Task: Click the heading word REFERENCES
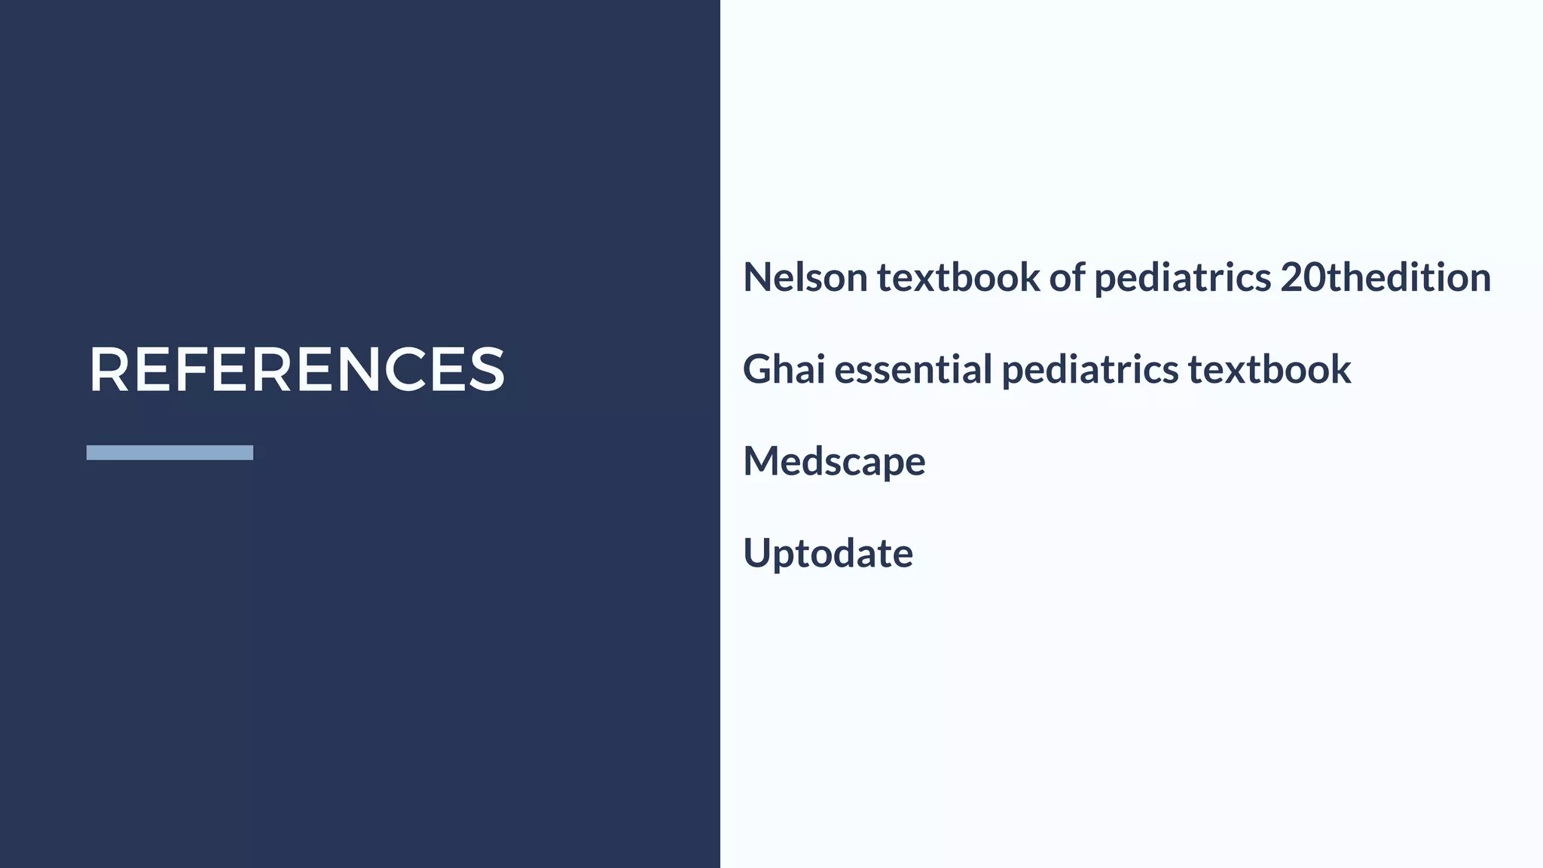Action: click(296, 369)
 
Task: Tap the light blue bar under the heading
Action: click(170, 452)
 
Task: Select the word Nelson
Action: click(805, 277)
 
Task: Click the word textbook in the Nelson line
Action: click(958, 277)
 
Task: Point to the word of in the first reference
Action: click(1067, 277)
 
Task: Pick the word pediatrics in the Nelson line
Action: click(1182, 277)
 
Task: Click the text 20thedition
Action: click(1386, 277)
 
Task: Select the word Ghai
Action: click(784, 369)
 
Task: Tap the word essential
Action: click(913, 369)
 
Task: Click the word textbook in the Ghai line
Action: click(1270, 369)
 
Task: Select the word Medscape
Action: click(834, 461)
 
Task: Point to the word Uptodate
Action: click(828, 553)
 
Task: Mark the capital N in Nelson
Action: click(758, 277)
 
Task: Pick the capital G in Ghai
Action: click(759, 369)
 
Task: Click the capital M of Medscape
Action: click(762, 461)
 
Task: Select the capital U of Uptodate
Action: click(758, 553)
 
